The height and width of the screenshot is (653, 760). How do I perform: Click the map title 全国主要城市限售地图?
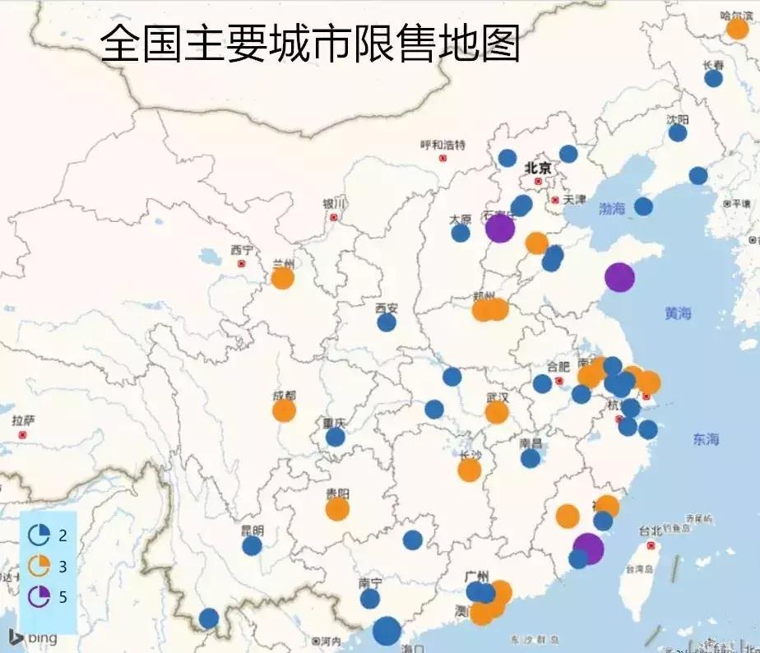click(x=310, y=44)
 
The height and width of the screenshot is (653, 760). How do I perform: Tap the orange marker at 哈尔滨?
click(x=738, y=29)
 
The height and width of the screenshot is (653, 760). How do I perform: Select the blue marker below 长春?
click(x=713, y=78)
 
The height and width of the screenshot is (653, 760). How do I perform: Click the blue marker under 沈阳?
click(x=678, y=132)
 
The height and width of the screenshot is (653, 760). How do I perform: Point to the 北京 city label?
click(x=538, y=168)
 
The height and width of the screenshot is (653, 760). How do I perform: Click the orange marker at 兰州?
click(x=282, y=278)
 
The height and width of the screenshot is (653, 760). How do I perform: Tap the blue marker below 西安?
click(x=387, y=322)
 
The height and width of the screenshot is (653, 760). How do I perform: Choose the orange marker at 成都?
click(x=284, y=410)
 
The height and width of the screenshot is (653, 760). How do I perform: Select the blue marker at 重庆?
click(x=335, y=437)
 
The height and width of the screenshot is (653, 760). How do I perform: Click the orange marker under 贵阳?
click(x=337, y=509)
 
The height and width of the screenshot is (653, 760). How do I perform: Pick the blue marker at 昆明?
click(x=252, y=545)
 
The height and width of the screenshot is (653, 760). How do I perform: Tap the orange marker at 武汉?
click(x=497, y=412)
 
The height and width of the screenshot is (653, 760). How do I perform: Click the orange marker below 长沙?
click(x=469, y=470)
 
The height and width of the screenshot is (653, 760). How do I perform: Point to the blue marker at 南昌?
click(x=531, y=458)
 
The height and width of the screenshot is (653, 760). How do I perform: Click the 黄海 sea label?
click(x=679, y=313)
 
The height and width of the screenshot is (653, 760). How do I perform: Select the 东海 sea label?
click(x=706, y=439)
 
